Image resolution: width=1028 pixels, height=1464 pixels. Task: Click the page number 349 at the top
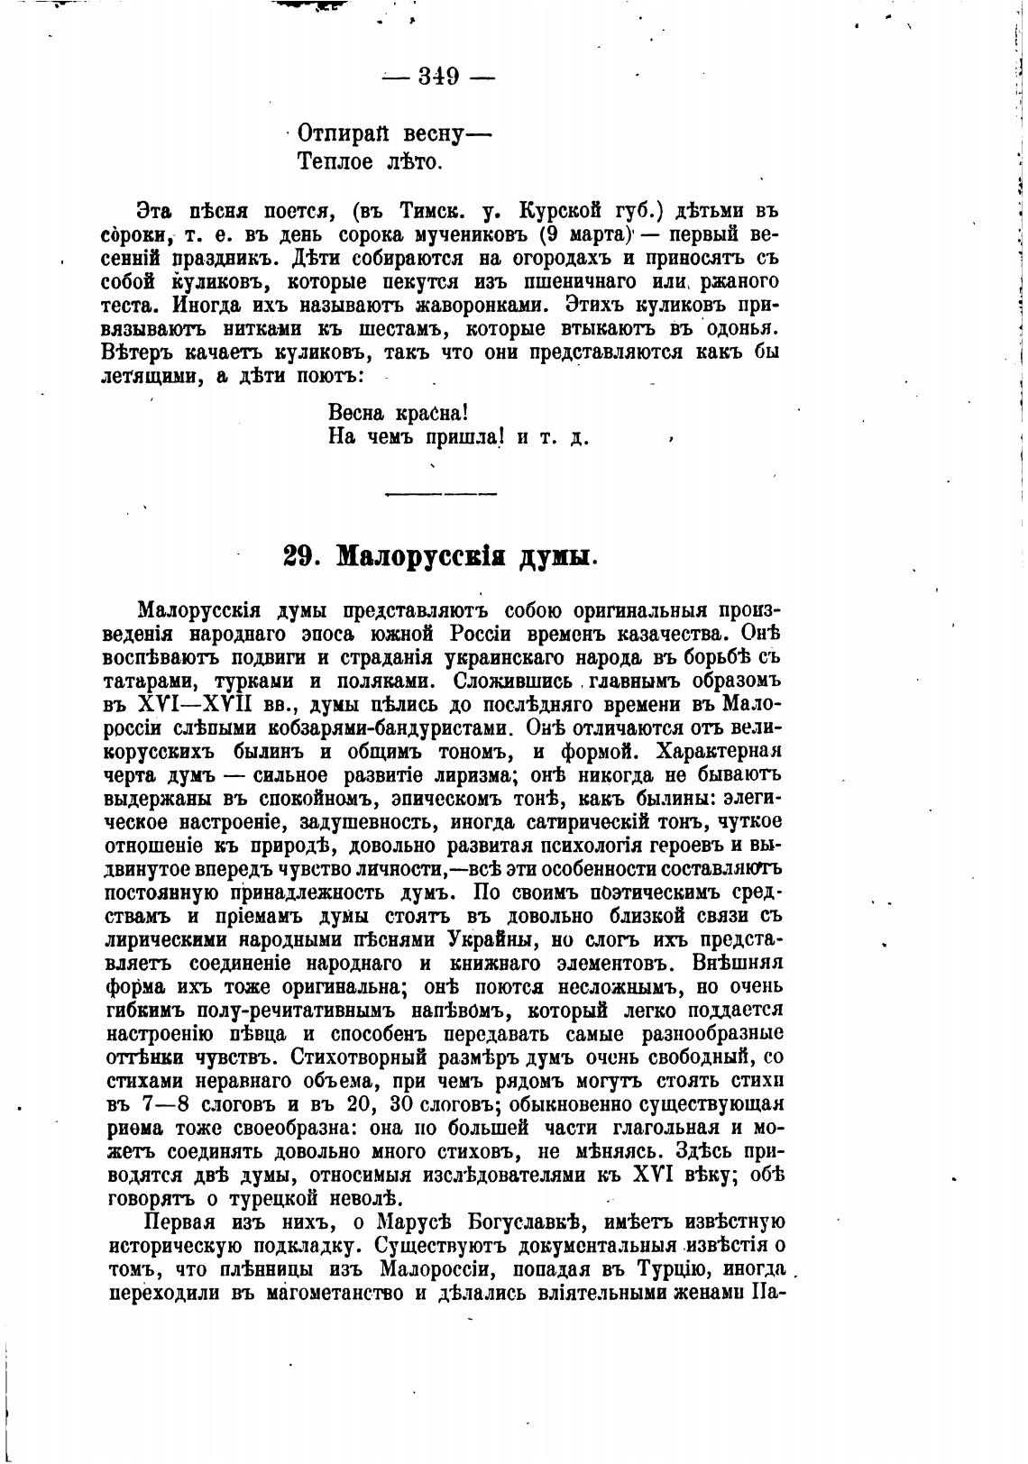coord(438,77)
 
